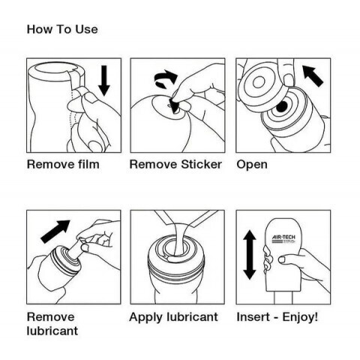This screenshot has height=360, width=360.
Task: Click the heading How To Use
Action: [x=62, y=29]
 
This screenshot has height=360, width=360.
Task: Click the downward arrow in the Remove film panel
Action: [x=104, y=81]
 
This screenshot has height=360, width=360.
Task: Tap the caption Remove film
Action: [x=63, y=164]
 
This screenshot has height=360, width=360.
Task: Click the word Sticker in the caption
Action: [x=202, y=164]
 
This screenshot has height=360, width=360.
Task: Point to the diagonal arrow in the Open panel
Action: [x=313, y=76]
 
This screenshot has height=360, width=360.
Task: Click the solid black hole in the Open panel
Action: [x=282, y=106]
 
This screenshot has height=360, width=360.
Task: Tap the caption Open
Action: [x=252, y=165]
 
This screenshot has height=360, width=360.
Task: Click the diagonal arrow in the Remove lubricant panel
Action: [x=55, y=231]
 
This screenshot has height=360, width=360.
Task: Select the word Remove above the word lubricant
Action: [x=51, y=317]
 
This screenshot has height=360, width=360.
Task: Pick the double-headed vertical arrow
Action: [x=250, y=255]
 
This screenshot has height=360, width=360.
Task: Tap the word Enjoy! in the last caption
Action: [x=300, y=317]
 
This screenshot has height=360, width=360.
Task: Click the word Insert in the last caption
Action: [x=253, y=317]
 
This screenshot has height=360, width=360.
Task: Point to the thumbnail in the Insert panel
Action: [x=283, y=259]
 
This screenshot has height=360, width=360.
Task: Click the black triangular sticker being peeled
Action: [x=173, y=105]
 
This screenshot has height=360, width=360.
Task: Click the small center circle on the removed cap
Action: [x=259, y=82]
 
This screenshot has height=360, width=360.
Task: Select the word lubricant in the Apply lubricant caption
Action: [x=192, y=317]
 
